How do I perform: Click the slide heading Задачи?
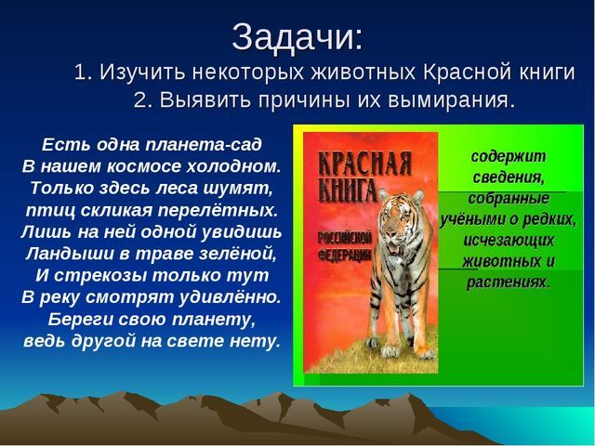click(297, 37)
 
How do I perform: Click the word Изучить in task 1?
click(142, 72)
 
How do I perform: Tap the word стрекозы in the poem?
click(100, 276)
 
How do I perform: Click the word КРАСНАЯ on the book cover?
click(364, 164)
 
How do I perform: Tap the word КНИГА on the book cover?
click(348, 190)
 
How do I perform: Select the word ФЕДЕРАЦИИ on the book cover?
click(345, 255)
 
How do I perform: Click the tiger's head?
click(402, 217)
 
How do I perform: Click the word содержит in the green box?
click(509, 156)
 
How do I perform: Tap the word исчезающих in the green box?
click(509, 241)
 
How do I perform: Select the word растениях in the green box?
click(509, 282)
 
